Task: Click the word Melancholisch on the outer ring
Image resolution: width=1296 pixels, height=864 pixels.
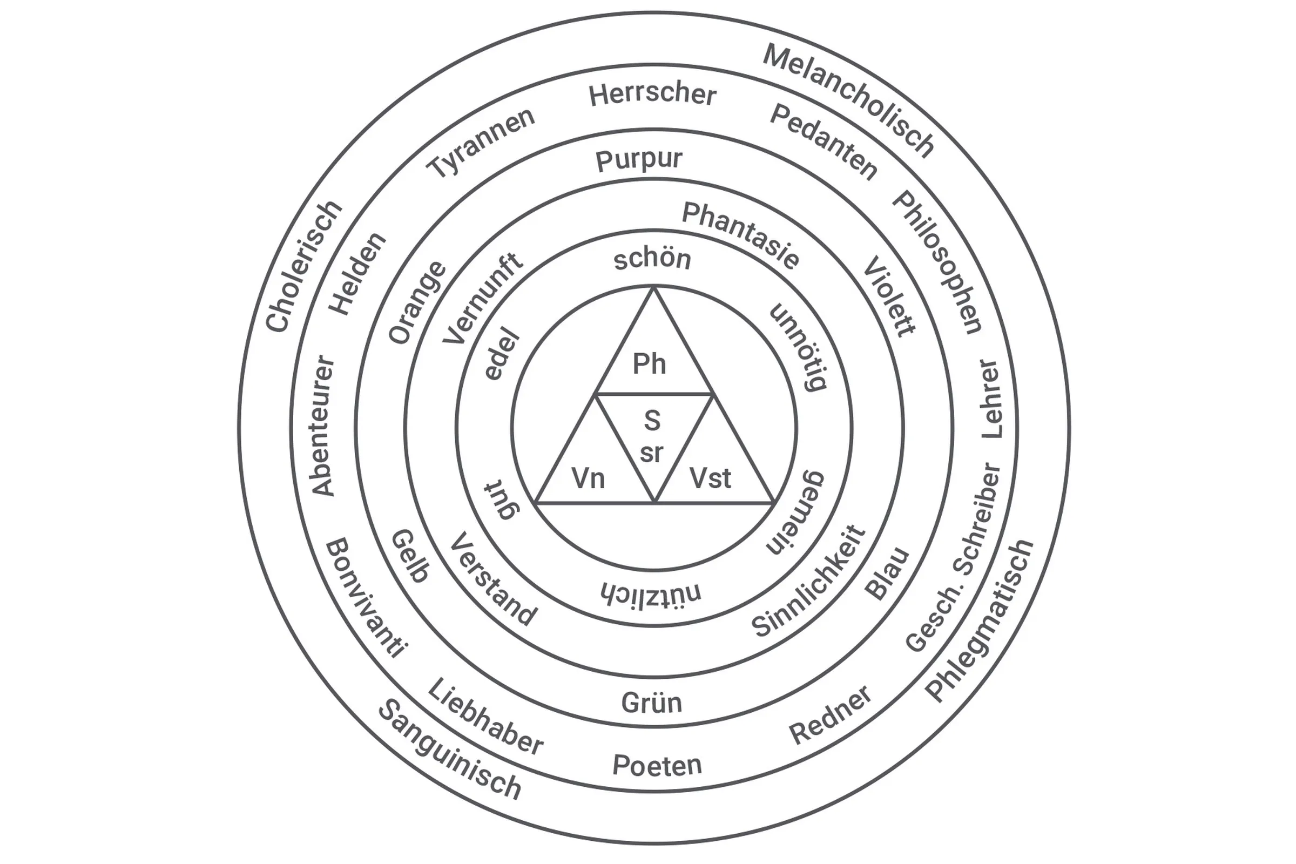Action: point(848,102)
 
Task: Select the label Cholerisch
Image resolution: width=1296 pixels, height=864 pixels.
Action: point(303,267)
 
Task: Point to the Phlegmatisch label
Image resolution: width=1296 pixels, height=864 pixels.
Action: point(978,620)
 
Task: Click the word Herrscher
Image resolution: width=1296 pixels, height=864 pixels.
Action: point(652,95)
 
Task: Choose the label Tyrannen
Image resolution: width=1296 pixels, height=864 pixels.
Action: point(481,143)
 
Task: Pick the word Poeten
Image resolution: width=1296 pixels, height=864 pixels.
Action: point(657,765)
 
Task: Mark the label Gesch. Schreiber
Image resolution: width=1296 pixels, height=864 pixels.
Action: point(954,557)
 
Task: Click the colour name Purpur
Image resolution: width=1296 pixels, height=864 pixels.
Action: point(639,160)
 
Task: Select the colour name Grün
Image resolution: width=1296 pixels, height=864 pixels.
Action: point(651,703)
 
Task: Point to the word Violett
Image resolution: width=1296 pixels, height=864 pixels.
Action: point(889,296)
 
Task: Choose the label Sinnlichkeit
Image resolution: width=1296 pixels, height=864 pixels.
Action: point(809,582)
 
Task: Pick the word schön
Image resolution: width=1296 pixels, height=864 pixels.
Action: point(652,259)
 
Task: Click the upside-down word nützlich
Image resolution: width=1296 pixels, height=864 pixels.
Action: point(651,592)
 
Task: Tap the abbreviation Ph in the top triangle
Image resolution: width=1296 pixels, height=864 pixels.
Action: point(649,364)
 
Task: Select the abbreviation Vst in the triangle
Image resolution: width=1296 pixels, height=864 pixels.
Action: point(710,478)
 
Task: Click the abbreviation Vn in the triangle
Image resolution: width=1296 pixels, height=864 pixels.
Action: point(588,478)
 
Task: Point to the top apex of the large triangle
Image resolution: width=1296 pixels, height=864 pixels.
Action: point(654,288)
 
